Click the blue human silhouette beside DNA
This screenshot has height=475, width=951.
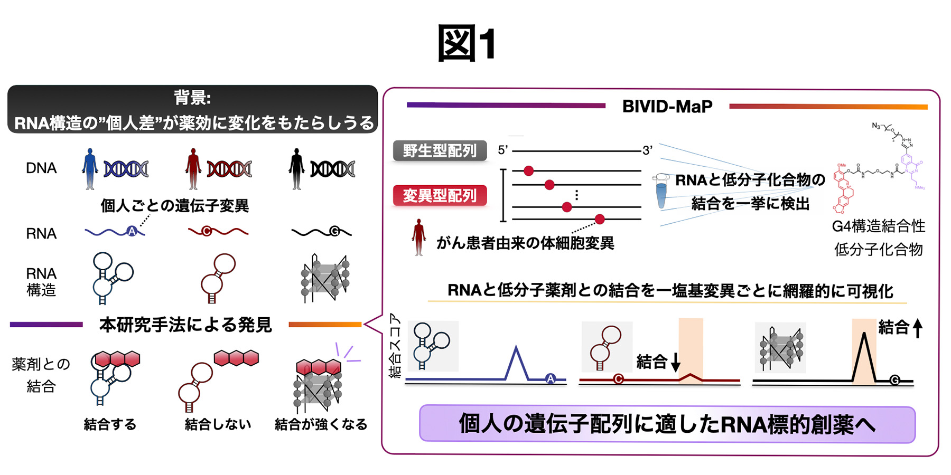pyautogui.click(x=90, y=168)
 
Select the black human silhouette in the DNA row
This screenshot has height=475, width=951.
pyautogui.click(x=296, y=168)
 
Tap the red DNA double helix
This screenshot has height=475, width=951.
pyautogui.click(x=229, y=169)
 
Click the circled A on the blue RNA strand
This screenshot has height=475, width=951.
pyautogui.click(x=132, y=231)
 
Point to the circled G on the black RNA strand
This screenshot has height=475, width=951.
pyautogui.click(x=334, y=231)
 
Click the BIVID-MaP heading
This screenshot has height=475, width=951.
pyautogui.click(x=667, y=107)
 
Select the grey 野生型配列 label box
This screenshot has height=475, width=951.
pyautogui.click(x=440, y=151)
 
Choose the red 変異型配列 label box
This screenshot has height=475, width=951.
pyautogui.click(x=440, y=196)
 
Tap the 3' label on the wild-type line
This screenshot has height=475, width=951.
pyautogui.click(x=647, y=151)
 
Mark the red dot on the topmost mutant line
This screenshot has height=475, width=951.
pyautogui.click(x=528, y=170)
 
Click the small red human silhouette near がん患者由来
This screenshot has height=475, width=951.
pyautogui.click(x=419, y=237)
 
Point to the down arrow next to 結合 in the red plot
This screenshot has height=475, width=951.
pyautogui.click(x=675, y=363)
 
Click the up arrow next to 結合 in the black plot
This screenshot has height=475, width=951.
pyautogui.click(x=918, y=328)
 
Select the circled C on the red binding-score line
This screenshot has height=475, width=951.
pyautogui.click(x=618, y=378)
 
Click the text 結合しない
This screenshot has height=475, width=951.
pyautogui.click(x=218, y=424)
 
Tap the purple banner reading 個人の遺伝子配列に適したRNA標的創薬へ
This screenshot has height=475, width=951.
pyautogui.click(x=667, y=424)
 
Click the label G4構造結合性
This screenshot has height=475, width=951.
pyautogui.click(x=878, y=226)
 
